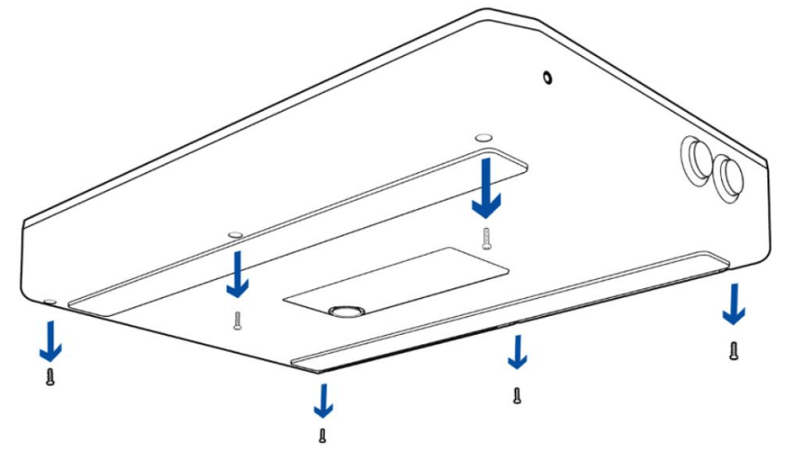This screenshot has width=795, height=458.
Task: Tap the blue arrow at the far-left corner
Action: click(52, 341)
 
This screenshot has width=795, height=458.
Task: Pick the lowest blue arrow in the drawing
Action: click(323, 400)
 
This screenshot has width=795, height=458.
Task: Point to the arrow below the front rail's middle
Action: click(517, 351)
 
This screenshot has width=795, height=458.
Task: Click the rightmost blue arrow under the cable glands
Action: click(733, 304)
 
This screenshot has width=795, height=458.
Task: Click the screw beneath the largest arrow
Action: click(487, 238)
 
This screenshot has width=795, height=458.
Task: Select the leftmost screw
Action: click(50, 376)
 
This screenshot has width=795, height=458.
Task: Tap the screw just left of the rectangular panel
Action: click(238, 321)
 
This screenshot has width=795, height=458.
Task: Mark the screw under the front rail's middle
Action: click(516, 396)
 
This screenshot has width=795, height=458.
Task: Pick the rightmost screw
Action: click(733, 350)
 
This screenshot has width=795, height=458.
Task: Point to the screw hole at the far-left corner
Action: click(50, 301)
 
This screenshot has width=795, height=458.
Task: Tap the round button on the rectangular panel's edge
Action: click(345, 309)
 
